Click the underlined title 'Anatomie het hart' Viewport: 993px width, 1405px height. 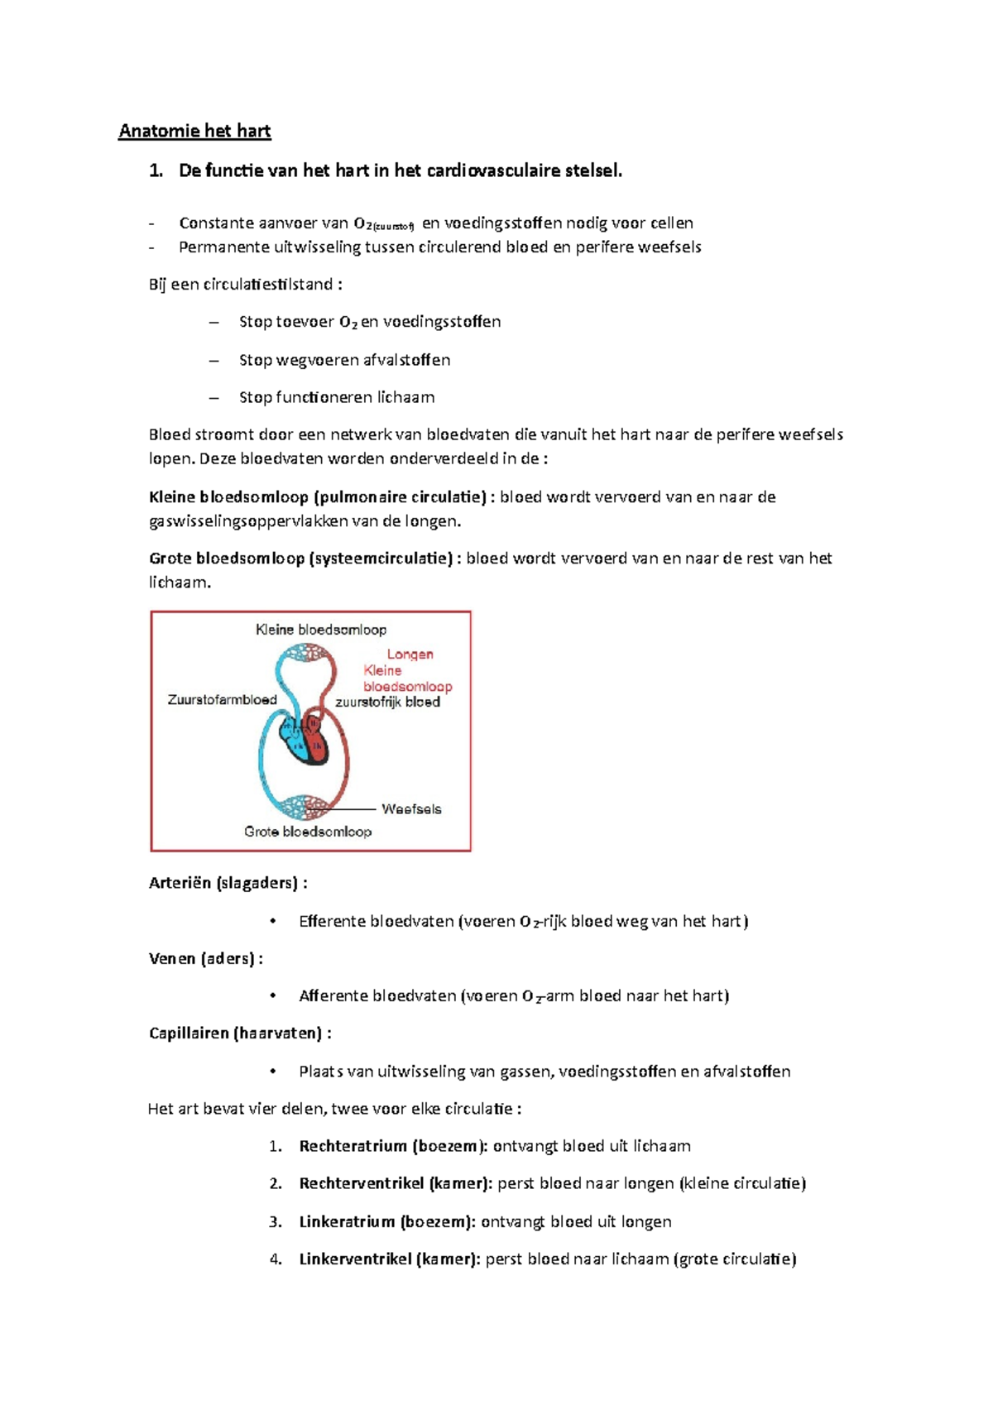pyautogui.click(x=194, y=131)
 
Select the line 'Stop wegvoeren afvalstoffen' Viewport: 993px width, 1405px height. pyautogui.click(x=344, y=360)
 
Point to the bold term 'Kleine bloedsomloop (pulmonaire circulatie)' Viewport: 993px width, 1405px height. pyautogui.click(x=317, y=497)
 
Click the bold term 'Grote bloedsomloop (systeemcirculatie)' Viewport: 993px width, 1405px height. pyautogui.click(x=300, y=559)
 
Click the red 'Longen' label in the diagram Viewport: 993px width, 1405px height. pyautogui.click(x=410, y=655)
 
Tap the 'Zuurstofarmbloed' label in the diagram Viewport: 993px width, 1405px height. pyautogui.click(x=222, y=700)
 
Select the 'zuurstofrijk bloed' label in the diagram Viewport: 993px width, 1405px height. pyautogui.click(x=387, y=702)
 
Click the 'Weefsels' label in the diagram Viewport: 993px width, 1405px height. pyautogui.click(x=411, y=809)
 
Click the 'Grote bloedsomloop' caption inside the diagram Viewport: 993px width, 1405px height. pyautogui.click(x=307, y=832)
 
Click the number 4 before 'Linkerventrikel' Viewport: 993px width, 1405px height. pyautogui.click(x=275, y=1259)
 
